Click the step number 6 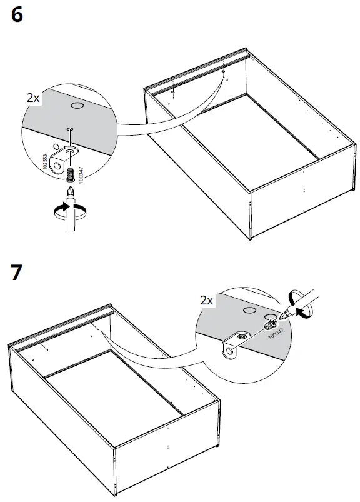[x=17, y=14]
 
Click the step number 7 [x=17, y=273]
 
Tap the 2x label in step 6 [x=34, y=98]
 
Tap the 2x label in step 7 [x=207, y=301]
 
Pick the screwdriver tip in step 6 [x=71, y=191]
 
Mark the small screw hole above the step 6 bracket [x=69, y=129]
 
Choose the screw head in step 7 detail [x=271, y=325]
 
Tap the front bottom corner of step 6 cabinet [x=251, y=238]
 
